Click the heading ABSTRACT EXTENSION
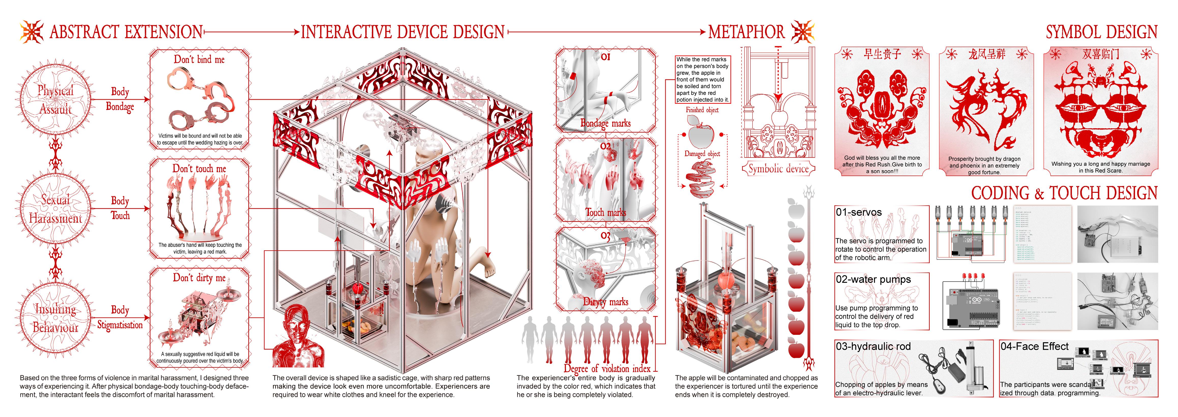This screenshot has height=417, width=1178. (x=126, y=32)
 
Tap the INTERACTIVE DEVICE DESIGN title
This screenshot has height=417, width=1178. (x=402, y=32)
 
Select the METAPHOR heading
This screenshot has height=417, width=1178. (x=746, y=32)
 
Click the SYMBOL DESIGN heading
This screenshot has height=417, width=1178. (x=1101, y=32)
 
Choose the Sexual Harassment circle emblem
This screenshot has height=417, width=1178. (x=55, y=209)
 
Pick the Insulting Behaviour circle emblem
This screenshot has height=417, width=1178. (x=55, y=318)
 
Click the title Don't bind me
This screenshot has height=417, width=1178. (x=199, y=60)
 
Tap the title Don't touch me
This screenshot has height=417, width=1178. (x=199, y=169)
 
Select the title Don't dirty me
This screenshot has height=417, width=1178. (x=199, y=278)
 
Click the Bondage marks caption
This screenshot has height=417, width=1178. (x=605, y=123)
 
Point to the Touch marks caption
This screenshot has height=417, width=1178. (x=605, y=213)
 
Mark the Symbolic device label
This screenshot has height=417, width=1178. (x=778, y=169)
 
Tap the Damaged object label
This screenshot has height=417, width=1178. (x=702, y=154)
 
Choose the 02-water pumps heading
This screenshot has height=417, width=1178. (x=873, y=279)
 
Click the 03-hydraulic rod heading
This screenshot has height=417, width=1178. (x=873, y=347)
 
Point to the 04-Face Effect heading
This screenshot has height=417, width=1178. (x=1035, y=347)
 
